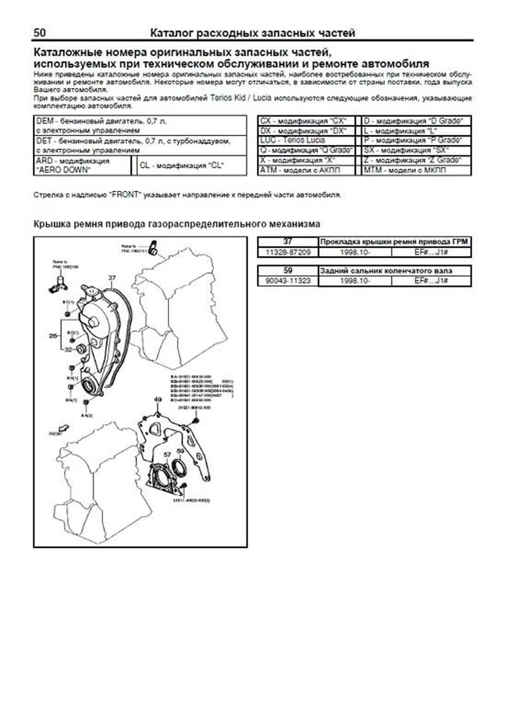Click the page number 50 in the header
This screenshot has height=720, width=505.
[x=40, y=32]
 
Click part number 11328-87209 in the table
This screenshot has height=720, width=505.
[x=288, y=252]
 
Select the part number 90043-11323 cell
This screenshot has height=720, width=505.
[x=288, y=281]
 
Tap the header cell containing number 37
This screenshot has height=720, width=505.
[x=288, y=242]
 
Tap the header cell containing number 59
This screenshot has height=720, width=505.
[x=288, y=270]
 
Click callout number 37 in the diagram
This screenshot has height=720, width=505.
[x=112, y=278]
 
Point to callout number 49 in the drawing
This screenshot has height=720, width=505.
[x=158, y=399]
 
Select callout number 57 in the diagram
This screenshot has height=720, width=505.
[x=167, y=454]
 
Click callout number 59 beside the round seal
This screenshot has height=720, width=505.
[x=180, y=451]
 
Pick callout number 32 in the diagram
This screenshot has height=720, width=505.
[x=68, y=349]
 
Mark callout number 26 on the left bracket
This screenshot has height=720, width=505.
[x=53, y=336]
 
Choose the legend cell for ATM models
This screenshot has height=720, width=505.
[x=306, y=170]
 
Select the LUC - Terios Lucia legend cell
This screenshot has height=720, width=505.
[x=306, y=140]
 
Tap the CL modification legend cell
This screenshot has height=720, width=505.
[x=189, y=165]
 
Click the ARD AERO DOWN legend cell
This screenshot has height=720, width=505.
[x=82, y=165]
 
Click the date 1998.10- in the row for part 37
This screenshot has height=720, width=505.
[x=355, y=252]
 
